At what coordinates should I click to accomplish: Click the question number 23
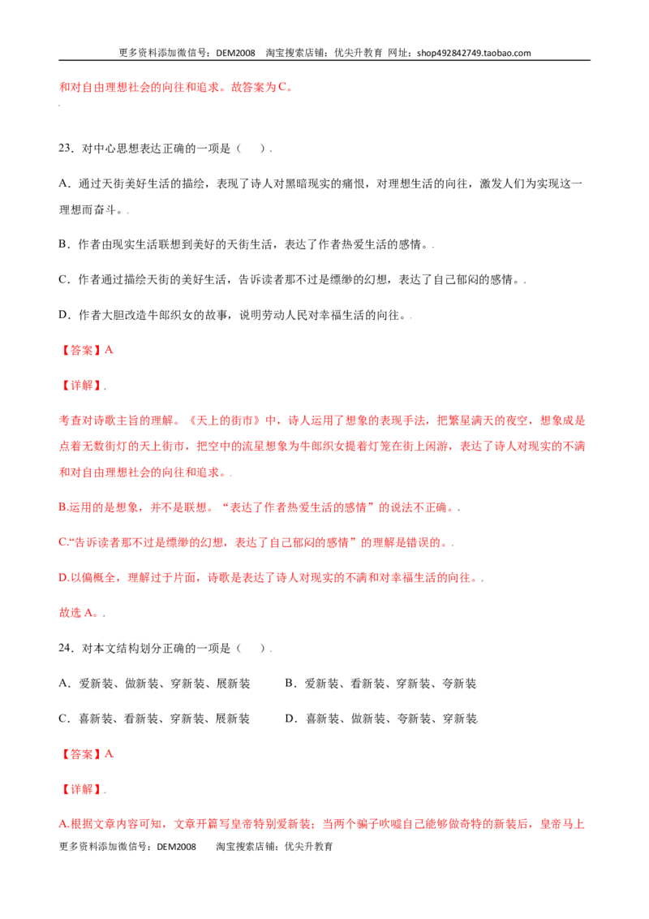(66, 149)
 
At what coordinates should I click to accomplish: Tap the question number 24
(66, 648)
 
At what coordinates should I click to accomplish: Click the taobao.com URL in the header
(474, 53)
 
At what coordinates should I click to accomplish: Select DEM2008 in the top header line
(235, 53)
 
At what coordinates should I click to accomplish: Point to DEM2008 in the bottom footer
(176, 846)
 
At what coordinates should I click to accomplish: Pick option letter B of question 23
(63, 244)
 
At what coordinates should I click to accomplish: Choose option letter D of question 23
(63, 315)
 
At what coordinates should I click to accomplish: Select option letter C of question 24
(63, 718)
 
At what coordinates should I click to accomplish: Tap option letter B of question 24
(290, 684)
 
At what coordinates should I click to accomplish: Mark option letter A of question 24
(63, 684)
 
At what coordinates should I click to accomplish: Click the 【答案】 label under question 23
(81, 350)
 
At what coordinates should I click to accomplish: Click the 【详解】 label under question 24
(81, 789)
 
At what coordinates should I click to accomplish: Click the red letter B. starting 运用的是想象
(63, 507)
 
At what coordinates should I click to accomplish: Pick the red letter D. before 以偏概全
(64, 578)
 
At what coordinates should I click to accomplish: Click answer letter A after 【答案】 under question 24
(109, 753)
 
